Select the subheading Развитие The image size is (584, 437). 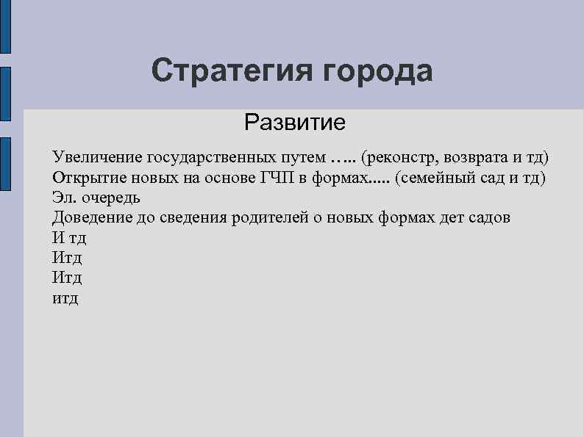click(295, 121)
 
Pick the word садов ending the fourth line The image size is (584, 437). click(488, 217)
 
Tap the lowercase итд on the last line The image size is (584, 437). click(65, 298)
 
